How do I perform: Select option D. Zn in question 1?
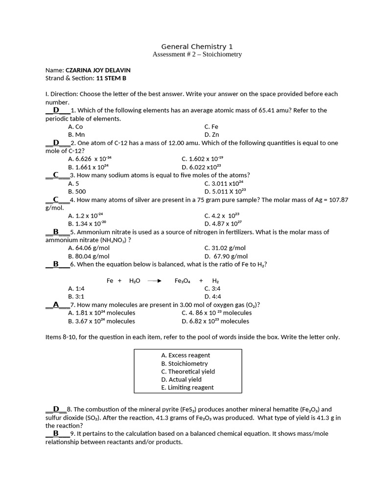(211, 134)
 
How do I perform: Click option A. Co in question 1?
(75, 126)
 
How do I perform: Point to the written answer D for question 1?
(56, 110)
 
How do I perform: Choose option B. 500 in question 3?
(77, 191)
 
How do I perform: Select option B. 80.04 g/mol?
(89, 256)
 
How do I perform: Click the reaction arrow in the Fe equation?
(154, 280)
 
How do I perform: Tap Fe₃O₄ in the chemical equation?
(183, 280)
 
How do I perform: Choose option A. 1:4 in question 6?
(76, 288)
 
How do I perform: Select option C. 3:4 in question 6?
(212, 288)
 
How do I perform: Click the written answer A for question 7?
(56, 304)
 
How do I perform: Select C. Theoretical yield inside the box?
(188, 371)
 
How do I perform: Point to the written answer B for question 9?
(56, 433)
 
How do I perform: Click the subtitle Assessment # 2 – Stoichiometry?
(197, 54)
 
